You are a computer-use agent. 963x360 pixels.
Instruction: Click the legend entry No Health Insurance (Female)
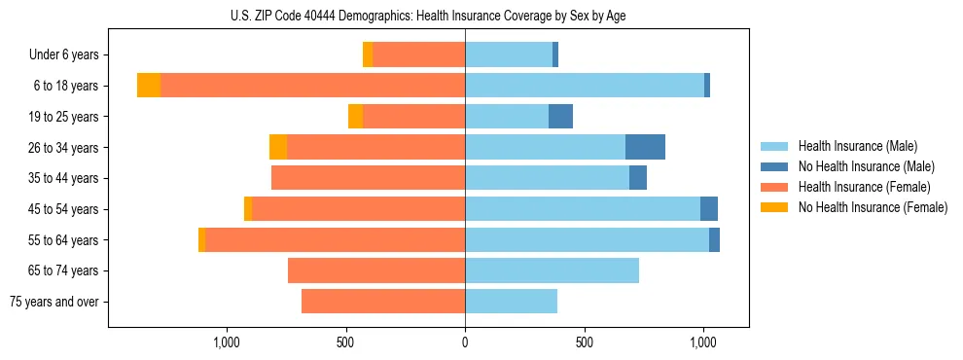(873, 207)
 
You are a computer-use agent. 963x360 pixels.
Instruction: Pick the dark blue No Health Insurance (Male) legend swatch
(774, 166)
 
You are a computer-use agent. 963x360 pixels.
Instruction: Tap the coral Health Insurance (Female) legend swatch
(774, 187)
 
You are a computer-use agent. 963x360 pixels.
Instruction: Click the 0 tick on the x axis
(465, 342)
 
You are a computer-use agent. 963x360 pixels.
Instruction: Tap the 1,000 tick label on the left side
(226, 342)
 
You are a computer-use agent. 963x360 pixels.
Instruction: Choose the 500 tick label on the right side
(585, 342)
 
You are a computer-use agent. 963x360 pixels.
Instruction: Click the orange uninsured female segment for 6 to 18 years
(149, 86)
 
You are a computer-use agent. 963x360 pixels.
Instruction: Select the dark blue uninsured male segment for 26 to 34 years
(645, 147)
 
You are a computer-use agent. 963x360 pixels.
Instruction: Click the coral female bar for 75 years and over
(383, 302)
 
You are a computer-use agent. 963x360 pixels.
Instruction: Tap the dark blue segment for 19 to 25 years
(560, 117)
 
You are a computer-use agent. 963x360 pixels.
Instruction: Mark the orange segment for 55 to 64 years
(201, 239)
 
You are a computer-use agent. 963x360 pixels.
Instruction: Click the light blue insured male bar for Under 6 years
(509, 55)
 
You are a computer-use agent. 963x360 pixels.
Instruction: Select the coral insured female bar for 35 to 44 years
(368, 178)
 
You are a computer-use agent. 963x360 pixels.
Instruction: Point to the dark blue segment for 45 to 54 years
(709, 209)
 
